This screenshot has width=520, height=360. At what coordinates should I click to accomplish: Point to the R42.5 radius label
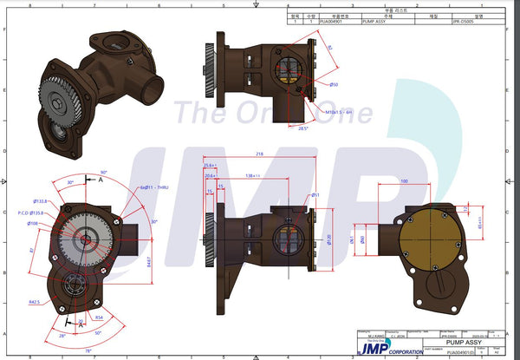[x=34, y=303]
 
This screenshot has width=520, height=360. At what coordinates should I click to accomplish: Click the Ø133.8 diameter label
[x=38, y=201]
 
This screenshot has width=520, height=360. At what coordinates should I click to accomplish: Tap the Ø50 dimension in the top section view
[x=334, y=84]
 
